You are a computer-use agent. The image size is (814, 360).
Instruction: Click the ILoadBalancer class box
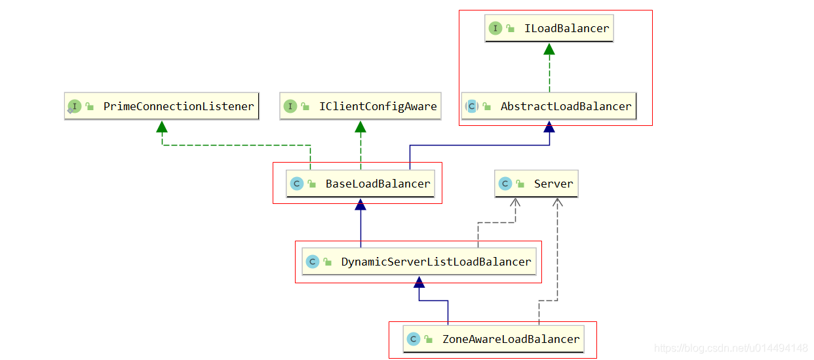coord(549,28)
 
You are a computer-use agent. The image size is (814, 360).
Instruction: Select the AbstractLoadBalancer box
coord(549,106)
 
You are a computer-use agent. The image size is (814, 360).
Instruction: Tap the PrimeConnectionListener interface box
coord(162,106)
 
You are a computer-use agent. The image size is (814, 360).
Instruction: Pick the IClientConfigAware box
coord(360,106)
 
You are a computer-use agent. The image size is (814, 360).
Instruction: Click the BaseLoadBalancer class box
coord(360,184)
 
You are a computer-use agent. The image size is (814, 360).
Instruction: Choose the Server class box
coord(536,184)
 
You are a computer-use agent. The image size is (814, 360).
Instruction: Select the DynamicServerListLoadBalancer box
coord(419,262)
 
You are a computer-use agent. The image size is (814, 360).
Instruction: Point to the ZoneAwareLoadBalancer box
coord(494,339)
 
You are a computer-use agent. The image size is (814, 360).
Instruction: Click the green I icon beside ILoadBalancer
coord(495,28)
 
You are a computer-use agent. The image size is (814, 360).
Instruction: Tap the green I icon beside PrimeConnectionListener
coord(75,106)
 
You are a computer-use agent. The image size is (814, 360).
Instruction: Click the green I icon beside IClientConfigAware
coord(290,106)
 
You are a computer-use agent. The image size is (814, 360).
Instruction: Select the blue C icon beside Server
coord(505,184)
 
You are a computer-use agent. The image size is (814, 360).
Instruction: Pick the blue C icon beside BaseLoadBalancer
coord(296,184)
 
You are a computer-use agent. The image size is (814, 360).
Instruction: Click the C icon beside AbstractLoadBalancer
coord(472,106)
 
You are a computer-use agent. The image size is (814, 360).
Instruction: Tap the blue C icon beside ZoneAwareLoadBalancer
coord(413,339)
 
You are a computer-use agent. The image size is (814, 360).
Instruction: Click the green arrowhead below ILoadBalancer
coord(549,49)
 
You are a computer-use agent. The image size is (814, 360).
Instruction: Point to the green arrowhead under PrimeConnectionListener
coord(162,127)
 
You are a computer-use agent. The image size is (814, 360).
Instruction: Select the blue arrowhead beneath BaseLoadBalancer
coord(360,205)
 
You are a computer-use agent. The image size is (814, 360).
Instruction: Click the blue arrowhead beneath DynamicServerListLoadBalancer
coord(419,282)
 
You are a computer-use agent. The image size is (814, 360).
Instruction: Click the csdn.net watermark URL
coord(731,348)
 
